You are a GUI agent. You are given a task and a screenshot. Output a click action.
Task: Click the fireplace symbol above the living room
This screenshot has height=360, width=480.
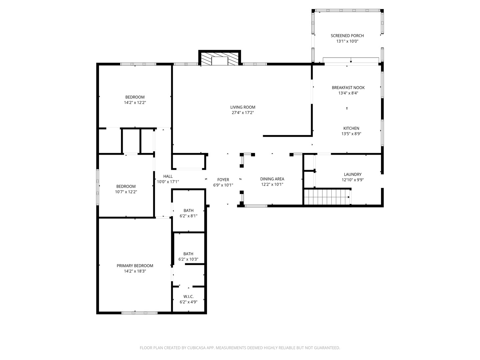click(x=220, y=59)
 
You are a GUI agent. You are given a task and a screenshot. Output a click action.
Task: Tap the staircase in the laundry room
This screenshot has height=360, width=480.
click(x=327, y=197)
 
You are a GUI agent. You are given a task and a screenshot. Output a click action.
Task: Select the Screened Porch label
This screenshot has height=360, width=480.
click(x=347, y=36)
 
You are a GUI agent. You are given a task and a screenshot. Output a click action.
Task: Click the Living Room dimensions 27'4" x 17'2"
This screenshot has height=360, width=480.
click(x=243, y=113)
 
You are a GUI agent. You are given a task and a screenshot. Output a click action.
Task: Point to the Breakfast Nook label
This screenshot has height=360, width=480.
click(x=348, y=88)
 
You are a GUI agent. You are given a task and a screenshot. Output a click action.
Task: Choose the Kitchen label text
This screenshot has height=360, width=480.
click(x=351, y=128)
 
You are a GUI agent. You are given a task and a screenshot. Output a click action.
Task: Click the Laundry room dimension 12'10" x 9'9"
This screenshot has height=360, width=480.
click(x=353, y=180)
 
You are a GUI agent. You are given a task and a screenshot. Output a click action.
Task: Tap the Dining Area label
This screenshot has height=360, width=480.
click(x=272, y=179)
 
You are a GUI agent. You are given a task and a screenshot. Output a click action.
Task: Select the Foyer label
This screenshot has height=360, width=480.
click(x=223, y=180)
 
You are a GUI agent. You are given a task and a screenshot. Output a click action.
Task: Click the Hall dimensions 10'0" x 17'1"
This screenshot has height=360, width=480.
click(x=168, y=182)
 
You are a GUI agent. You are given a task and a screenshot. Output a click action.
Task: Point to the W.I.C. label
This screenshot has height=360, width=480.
click(x=188, y=297)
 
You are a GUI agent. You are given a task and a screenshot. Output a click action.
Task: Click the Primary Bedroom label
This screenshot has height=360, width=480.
click(x=135, y=266)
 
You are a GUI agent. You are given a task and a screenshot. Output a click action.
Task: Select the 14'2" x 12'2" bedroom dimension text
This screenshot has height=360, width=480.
click(x=135, y=103)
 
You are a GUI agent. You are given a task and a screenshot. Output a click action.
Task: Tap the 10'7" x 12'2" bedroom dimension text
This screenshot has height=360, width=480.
click(x=126, y=192)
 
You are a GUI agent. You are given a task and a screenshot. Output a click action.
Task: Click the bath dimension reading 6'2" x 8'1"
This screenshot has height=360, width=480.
click(x=188, y=216)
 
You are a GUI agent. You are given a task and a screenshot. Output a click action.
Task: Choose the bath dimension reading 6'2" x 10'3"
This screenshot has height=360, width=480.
click(x=188, y=259)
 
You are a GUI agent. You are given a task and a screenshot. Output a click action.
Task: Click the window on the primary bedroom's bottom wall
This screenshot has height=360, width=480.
click(x=139, y=313)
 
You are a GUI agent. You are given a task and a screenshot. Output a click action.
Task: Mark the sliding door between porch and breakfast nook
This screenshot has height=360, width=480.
click(x=351, y=60)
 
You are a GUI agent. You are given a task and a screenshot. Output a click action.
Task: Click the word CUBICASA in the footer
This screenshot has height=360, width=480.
click(x=196, y=348)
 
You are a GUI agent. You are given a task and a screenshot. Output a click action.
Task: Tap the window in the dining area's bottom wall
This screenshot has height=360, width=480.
click(x=256, y=206)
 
